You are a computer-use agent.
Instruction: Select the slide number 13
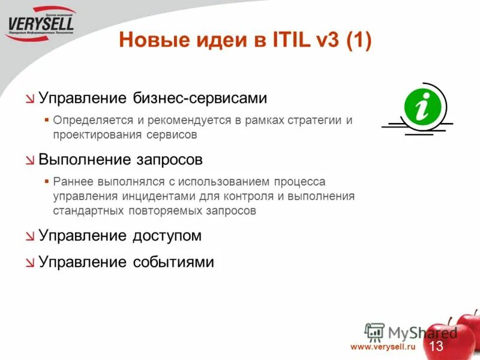pyautogui.click(x=436, y=346)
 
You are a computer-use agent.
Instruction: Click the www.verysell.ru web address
pyautogui.click(x=383, y=347)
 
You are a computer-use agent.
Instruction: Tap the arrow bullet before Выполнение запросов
pyautogui.click(x=30, y=161)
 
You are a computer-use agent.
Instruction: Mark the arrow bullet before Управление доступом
pyautogui.click(x=30, y=236)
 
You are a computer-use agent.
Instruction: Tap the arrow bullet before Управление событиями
pyautogui.click(x=30, y=263)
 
